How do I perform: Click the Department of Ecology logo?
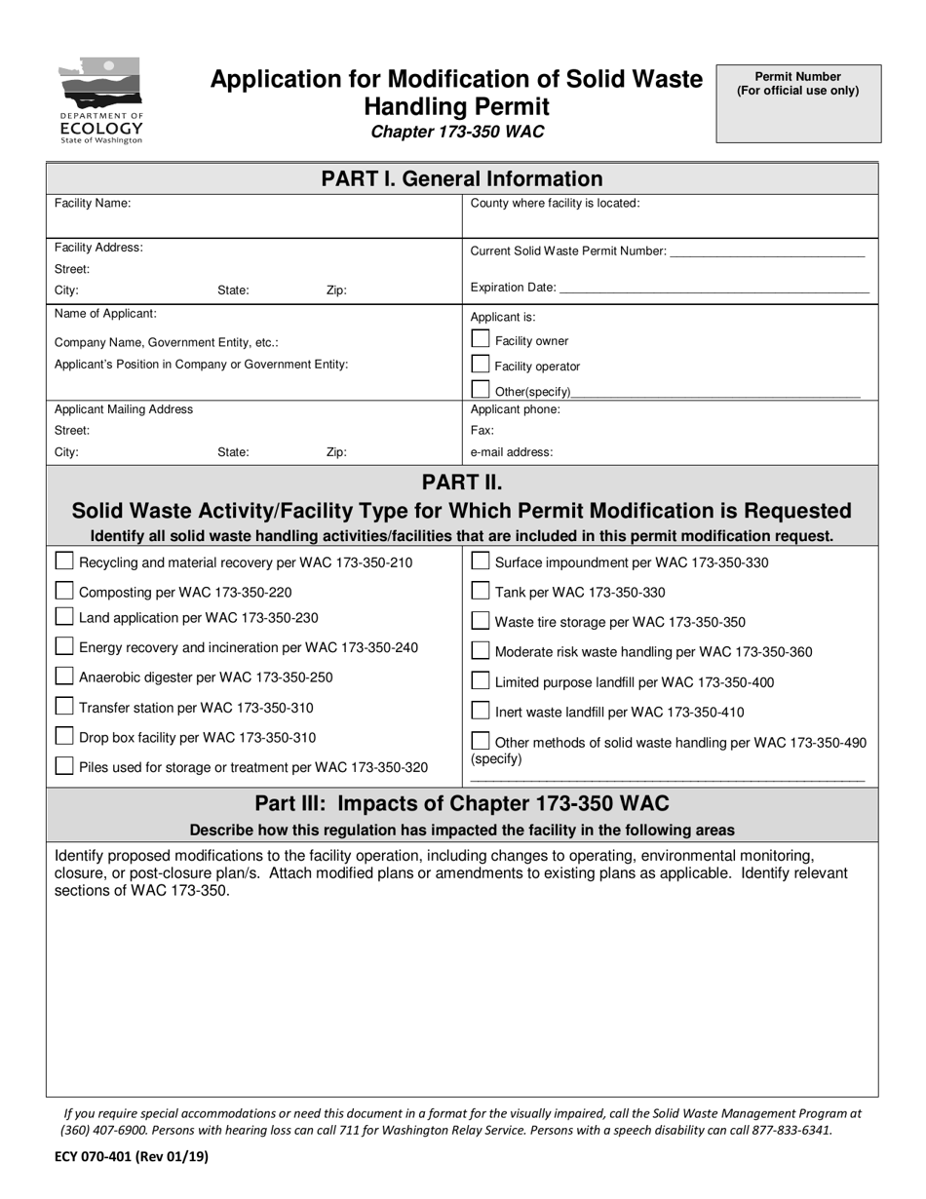click(x=101, y=100)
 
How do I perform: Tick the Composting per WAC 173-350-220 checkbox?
click(x=64, y=591)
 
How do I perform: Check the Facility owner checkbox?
click(x=480, y=339)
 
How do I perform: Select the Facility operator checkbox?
click(x=480, y=365)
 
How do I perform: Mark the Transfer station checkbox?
click(x=64, y=707)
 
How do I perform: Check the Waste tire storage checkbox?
click(x=481, y=621)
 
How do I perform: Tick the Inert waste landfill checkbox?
click(x=481, y=711)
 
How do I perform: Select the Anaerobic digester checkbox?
click(x=64, y=677)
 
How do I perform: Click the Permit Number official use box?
click(x=798, y=104)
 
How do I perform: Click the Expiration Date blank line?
click(x=714, y=290)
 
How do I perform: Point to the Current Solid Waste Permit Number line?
click(x=768, y=253)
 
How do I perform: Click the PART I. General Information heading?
click(x=462, y=178)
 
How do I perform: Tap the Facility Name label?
click(x=93, y=204)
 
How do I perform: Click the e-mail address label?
click(x=512, y=452)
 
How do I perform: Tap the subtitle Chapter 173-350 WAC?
click(x=457, y=132)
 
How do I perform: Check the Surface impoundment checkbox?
click(x=481, y=561)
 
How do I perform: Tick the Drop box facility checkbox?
click(x=64, y=736)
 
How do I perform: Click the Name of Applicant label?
click(x=105, y=314)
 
